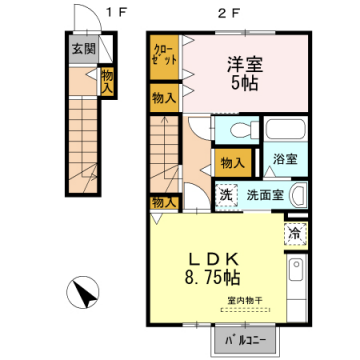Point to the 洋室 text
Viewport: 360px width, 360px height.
coord(236,62)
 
